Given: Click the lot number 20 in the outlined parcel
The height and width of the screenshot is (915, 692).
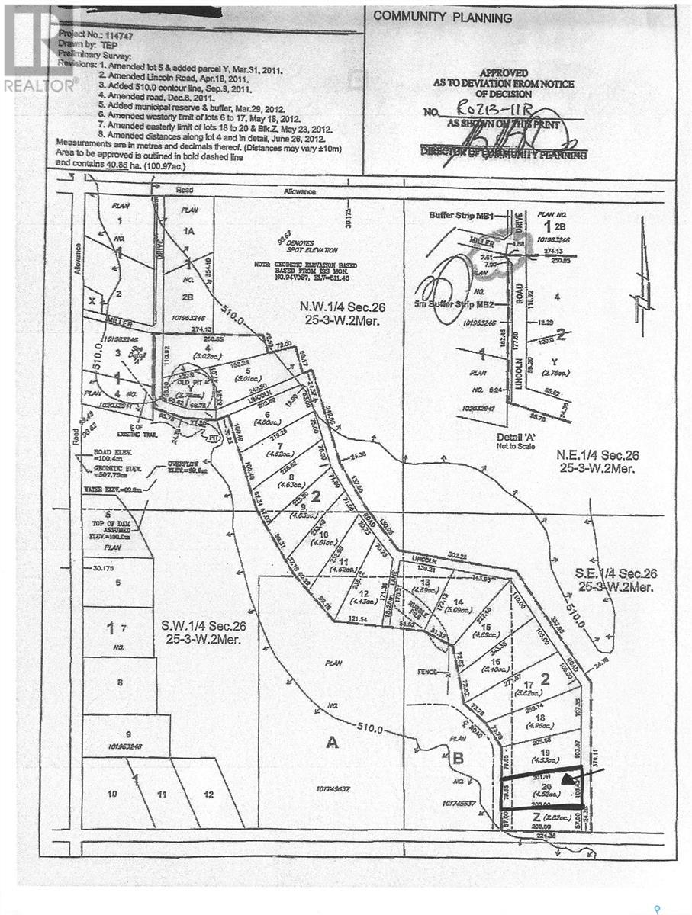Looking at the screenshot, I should pyautogui.click(x=546, y=787).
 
